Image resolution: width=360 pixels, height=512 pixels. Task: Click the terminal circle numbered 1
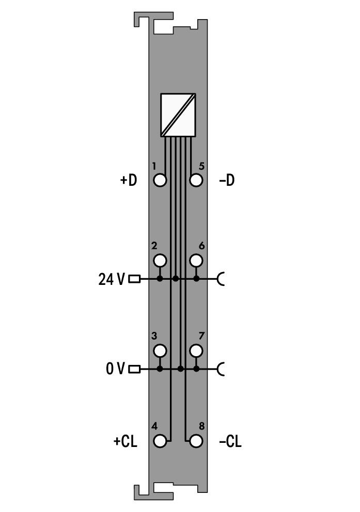click(x=160, y=180)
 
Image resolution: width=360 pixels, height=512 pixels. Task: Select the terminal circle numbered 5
click(x=196, y=180)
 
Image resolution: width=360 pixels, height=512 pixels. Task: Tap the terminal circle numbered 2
click(x=160, y=261)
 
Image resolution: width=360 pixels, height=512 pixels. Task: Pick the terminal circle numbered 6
click(x=196, y=261)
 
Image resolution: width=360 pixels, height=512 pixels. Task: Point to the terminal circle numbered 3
click(x=160, y=350)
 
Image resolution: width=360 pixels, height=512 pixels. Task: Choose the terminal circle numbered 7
click(x=196, y=350)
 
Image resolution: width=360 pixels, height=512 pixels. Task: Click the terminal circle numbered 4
click(x=160, y=441)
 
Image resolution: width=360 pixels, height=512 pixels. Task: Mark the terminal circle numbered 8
click(x=196, y=441)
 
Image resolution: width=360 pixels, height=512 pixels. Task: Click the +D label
click(x=129, y=180)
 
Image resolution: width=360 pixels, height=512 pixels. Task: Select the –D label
click(x=227, y=180)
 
